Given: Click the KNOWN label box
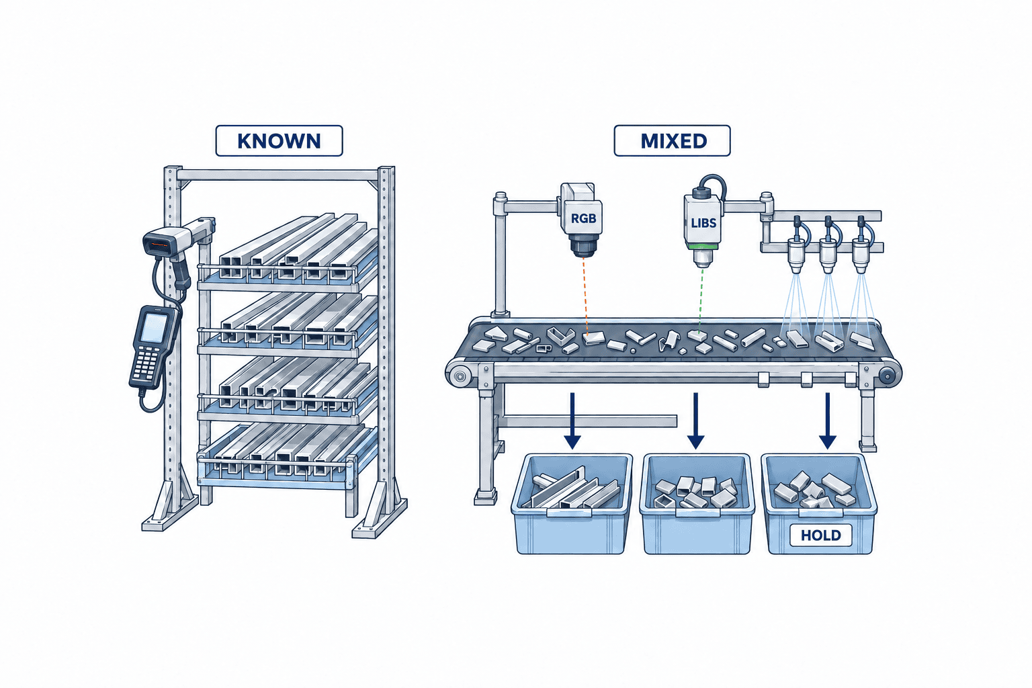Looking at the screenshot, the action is click(x=279, y=140).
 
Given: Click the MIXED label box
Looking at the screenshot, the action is click(x=672, y=140).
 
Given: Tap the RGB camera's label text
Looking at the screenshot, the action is click(x=583, y=218).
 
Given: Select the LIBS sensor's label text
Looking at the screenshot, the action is click(x=703, y=223).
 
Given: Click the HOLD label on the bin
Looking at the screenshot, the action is click(x=821, y=535).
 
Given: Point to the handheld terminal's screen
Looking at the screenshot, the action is click(x=153, y=327).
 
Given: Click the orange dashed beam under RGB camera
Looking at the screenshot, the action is click(x=585, y=296).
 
